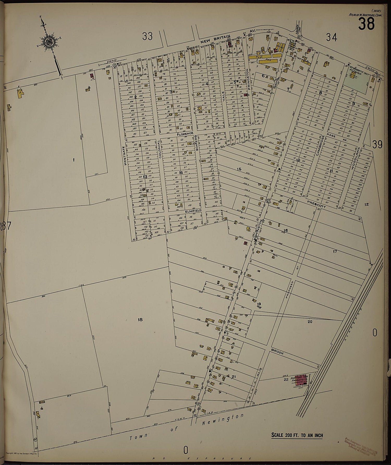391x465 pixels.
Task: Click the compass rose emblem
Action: tap(49, 42)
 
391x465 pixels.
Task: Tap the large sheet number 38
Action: tap(366, 24)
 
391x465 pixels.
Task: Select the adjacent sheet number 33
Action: tap(147, 36)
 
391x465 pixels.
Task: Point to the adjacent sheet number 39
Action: tap(377, 144)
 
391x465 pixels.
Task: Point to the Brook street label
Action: tap(277, 353)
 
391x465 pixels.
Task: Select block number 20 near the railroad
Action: tap(310, 322)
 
